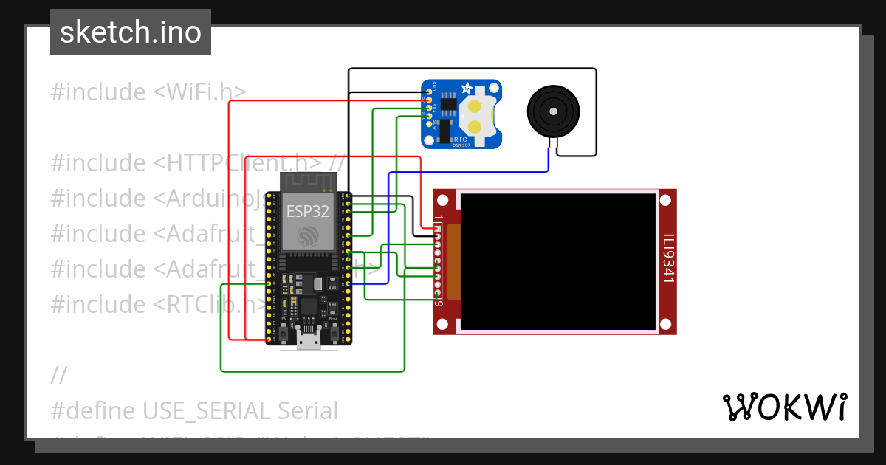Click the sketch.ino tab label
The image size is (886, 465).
(x=131, y=32)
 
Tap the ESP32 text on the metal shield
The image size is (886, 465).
(x=308, y=212)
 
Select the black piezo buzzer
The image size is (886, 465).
(x=552, y=111)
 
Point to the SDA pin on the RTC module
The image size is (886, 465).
(x=429, y=108)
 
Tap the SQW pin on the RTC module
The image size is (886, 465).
(x=429, y=124)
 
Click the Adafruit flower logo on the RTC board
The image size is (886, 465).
(x=467, y=89)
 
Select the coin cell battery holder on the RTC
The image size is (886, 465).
(x=476, y=117)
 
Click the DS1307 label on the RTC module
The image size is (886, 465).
(x=461, y=145)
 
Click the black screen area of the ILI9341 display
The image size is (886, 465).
(x=558, y=261)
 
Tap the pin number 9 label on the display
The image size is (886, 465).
(x=439, y=303)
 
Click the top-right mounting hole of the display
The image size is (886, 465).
(x=665, y=200)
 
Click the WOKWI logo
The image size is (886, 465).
(x=784, y=407)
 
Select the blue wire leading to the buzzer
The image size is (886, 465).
(x=473, y=171)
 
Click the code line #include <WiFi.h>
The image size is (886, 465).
(x=148, y=92)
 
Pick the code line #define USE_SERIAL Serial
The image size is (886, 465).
(x=194, y=410)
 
